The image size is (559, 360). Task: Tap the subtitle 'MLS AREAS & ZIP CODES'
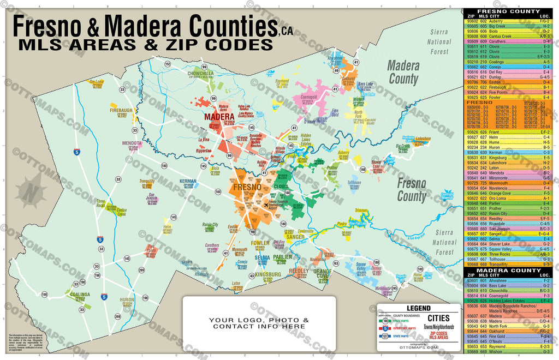(x=144, y=44)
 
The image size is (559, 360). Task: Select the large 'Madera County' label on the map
(x=403, y=73)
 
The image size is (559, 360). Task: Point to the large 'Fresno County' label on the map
(x=412, y=189)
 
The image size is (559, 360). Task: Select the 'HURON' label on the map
(x=127, y=299)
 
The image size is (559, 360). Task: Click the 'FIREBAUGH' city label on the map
(x=121, y=110)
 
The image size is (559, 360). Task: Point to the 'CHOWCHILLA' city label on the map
(x=200, y=73)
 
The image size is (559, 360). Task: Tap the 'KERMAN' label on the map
(x=188, y=181)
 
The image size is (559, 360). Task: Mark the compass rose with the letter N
(x=31, y=190)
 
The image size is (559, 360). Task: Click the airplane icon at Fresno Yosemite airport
(x=266, y=205)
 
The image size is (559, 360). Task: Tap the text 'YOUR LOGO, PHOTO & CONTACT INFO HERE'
(x=260, y=323)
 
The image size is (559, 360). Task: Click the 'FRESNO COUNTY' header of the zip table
(x=508, y=11)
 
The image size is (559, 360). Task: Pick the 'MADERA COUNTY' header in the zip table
(x=508, y=271)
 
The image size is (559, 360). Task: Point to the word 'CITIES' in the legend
(x=438, y=318)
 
